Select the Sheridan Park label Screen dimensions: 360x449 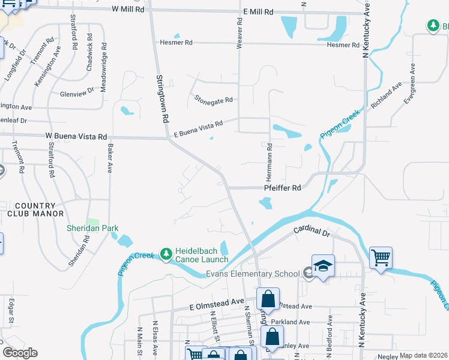point(92,228)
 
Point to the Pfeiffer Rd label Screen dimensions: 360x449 point(282,188)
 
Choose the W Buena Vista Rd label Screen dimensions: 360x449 point(76,137)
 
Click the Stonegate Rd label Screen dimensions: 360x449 point(213,100)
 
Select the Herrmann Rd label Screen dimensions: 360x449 point(270,163)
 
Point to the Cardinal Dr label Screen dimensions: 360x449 point(312,231)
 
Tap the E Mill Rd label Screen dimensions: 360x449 point(258,12)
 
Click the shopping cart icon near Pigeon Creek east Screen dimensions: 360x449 point(381,258)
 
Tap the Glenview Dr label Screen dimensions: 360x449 point(77,93)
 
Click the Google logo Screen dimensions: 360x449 point(20,353)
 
